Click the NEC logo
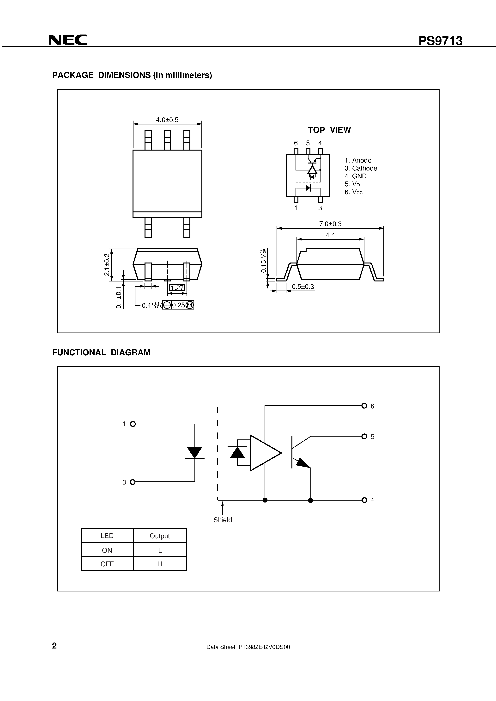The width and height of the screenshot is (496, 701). (x=68, y=40)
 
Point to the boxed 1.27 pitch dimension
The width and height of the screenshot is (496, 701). (x=177, y=288)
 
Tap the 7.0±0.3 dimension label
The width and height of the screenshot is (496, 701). (x=330, y=224)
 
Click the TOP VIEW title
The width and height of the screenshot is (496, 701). (x=329, y=130)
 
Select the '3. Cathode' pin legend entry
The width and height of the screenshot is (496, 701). (x=361, y=168)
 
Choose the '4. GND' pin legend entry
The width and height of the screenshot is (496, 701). (x=355, y=176)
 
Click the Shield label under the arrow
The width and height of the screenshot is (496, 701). (x=223, y=520)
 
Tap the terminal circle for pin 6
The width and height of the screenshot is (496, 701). (x=364, y=406)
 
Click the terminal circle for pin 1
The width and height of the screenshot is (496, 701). (x=133, y=424)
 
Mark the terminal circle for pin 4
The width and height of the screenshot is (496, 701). (x=364, y=500)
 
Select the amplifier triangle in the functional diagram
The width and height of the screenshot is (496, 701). (x=264, y=453)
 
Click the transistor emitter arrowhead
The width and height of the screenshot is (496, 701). (x=303, y=463)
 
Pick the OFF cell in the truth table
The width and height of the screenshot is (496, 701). (x=107, y=564)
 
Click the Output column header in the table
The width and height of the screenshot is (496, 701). (x=160, y=536)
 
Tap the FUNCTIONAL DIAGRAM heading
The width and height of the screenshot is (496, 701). (x=101, y=353)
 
